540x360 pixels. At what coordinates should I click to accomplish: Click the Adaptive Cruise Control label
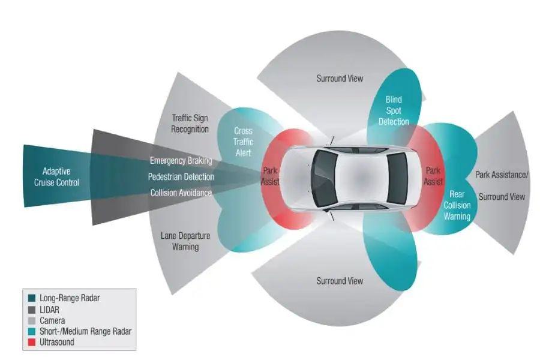click(56, 177)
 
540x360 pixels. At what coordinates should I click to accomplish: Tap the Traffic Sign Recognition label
click(190, 124)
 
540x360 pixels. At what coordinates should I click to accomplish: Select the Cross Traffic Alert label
click(243, 142)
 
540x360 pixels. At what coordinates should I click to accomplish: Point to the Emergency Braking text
click(181, 161)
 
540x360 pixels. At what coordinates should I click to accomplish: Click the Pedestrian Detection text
click(181, 177)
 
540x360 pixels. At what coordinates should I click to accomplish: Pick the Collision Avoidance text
click(181, 193)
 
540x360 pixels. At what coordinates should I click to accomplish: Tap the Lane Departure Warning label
click(185, 241)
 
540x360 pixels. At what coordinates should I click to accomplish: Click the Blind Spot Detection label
click(394, 110)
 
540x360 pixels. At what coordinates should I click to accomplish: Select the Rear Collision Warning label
click(457, 205)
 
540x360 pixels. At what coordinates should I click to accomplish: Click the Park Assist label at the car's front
click(270, 176)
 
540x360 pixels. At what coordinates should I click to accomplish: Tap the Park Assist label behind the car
click(433, 176)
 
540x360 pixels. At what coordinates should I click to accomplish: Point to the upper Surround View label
click(340, 79)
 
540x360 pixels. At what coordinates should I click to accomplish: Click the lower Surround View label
click(340, 281)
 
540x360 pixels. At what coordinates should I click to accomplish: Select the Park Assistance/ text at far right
click(502, 175)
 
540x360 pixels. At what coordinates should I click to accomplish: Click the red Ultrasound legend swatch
click(32, 342)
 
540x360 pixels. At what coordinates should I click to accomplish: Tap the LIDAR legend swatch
click(32, 310)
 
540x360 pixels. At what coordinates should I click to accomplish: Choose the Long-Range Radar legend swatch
click(32, 298)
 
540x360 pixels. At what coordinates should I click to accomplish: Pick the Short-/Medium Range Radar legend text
click(85, 331)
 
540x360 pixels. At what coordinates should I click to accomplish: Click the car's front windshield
click(325, 178)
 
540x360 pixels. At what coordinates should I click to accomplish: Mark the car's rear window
click(397, 178)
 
